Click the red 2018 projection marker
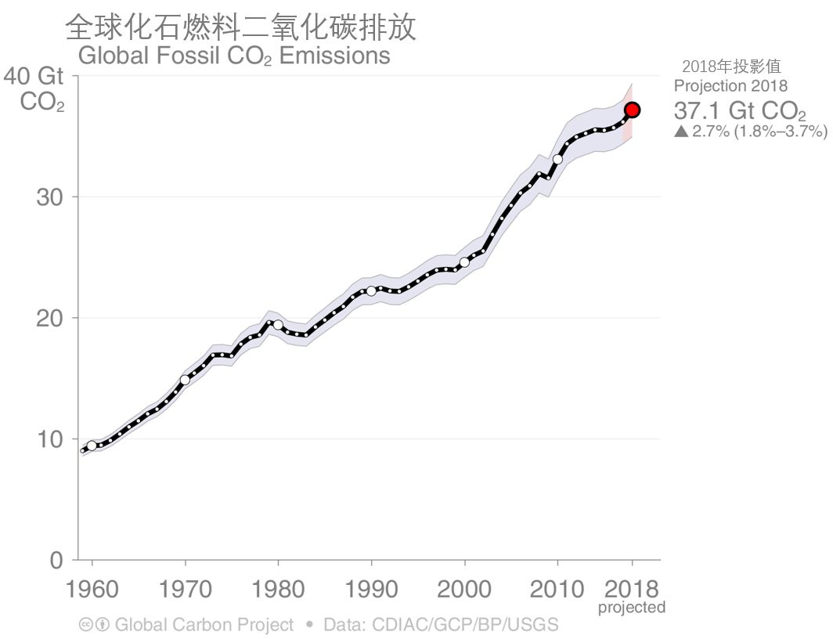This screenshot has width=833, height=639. pyautogui.click(x=633, y=110)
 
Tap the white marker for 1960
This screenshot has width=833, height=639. pyautogui.click(x=92, y=446)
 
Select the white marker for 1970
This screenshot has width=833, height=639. pyautogui.click(x=186, y=380)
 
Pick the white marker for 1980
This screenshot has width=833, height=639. pyautogui.click(x=278, y=324)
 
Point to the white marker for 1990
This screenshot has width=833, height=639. pyautogui.click(x=371, y=291)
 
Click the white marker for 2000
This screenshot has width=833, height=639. pyautogui.click(x=464, y=262)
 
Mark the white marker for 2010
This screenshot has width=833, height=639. pyautogui.click(x=557, y=159)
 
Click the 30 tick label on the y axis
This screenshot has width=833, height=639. pyautogui.click(x=49, y=197)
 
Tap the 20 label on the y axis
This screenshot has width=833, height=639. pyautogui.click(x=49, y=318)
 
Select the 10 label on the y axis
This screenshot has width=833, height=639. pyautogui.click(x=49, y=439)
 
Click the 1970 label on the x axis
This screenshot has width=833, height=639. pyautogui.click(x=186, y=589)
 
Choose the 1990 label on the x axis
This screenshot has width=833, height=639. pyautogui.click(x=371, y=589)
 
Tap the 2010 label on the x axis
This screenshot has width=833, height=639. pyautogui.click(x=557, y=589)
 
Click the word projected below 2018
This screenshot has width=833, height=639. pyautogui.click(x=632, y=608)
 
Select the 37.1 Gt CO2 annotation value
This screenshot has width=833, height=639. pyautogui.click(x=734, y=110)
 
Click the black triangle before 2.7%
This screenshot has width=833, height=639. pyautogui.click(x=681, y=132)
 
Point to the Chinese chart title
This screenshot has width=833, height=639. pyautogui.click(x=240, y=27)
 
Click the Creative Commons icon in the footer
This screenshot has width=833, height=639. pyautogui.click(x=86, y=625)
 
